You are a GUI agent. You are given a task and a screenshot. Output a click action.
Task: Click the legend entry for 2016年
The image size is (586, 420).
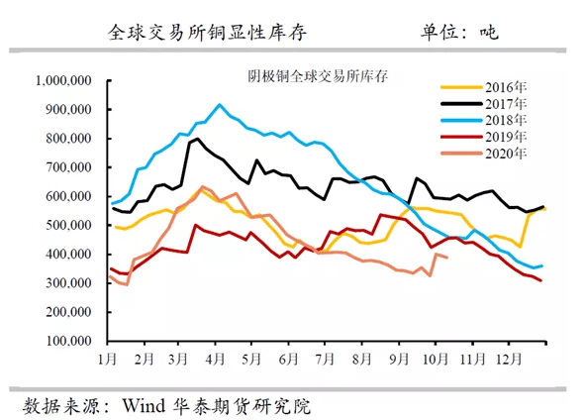[484, 87]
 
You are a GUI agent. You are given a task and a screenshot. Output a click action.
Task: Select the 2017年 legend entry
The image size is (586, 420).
[484, 104]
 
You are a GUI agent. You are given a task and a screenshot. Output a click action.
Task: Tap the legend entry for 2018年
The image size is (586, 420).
[484, 120]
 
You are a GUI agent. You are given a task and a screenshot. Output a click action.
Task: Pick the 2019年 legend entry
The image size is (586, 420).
[484, 137]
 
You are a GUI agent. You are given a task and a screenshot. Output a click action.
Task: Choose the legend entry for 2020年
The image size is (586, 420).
[484, 153]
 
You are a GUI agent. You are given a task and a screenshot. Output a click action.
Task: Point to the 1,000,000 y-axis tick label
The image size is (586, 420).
[63, 80]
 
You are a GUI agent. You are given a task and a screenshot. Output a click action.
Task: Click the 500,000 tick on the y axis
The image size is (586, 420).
[68, 225]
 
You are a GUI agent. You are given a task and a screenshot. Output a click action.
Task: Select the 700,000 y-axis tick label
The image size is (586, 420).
[68, 167]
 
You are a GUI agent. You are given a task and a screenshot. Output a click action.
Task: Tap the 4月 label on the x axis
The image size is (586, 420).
[215, 359]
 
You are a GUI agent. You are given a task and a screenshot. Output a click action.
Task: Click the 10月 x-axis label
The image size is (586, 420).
[436, 359]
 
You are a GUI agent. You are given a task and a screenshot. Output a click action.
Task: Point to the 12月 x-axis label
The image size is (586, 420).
[508, 359]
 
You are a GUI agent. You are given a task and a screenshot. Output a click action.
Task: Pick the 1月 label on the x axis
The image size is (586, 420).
[107, 359]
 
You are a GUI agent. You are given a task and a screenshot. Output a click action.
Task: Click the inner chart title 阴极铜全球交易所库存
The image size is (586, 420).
[318, 76]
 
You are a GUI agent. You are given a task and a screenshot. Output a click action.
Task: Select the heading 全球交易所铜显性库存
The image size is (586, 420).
[207, 32]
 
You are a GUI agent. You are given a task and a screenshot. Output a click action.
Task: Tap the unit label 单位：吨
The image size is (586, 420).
[459, 32]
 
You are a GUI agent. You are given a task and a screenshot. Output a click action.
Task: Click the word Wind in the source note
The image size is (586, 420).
[144, 405]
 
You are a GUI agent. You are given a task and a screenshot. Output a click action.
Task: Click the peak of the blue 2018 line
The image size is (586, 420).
[219, 105]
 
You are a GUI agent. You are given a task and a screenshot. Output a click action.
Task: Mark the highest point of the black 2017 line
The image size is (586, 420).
[197, 139]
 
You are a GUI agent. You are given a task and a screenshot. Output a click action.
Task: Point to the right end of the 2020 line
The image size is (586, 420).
[447, 258]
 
